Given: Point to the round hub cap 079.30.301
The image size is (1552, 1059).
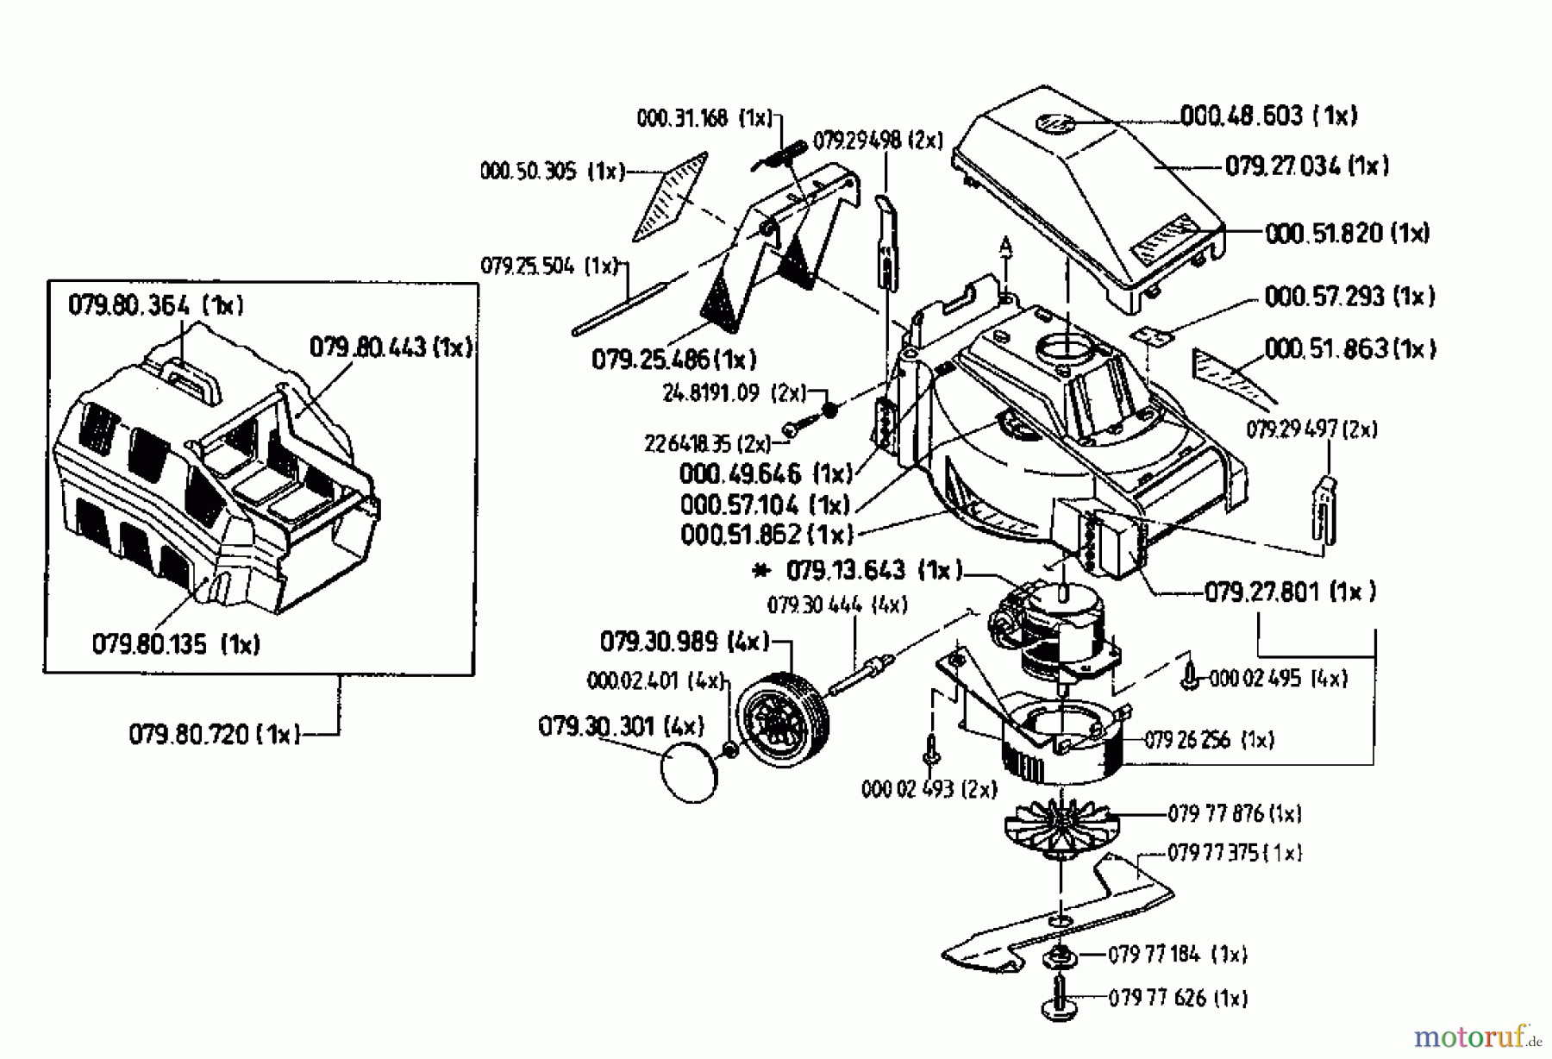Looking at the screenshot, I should pyautogui.click(x=688, y=775).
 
